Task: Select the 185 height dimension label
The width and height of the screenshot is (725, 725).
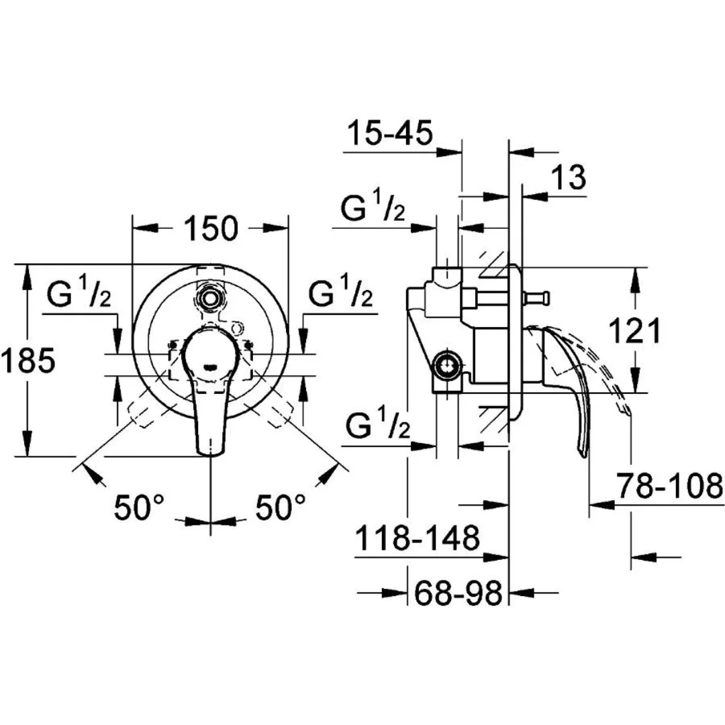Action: pos(28,362)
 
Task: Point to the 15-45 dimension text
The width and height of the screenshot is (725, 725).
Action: pos(389,134)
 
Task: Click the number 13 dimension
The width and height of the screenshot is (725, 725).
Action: pos(569,179)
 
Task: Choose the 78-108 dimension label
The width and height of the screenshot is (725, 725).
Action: pos(669,486)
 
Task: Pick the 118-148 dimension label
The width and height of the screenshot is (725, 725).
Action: pos(416,538)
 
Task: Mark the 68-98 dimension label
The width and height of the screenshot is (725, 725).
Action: pos(458,593)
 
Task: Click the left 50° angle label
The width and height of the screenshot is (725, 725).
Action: pos(140,507)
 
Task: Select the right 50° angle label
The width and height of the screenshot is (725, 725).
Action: pos(281,507)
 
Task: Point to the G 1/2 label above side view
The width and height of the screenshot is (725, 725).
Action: pos(373,210)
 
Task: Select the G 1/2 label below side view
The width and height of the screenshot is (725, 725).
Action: pos(377,426)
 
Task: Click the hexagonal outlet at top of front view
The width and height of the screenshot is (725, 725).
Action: pos(211,296)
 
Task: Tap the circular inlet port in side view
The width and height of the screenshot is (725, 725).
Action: pos(446,367)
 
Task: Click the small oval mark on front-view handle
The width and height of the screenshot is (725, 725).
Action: pos(211,367)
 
